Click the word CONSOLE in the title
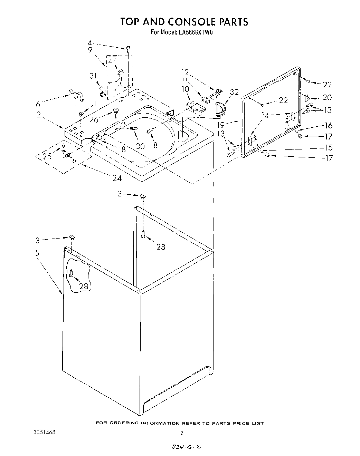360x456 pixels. point(192,22)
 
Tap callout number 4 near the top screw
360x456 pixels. point(90,43)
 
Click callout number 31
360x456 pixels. point(94,76)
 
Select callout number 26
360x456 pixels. point(94,119)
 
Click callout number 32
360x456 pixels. point(234,92)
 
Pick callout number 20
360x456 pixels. point(327,97)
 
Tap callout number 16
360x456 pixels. point(328,126)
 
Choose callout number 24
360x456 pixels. point(117,178)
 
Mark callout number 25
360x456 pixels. point(47,156)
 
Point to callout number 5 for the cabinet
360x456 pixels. point(37,253)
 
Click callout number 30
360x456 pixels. point(140,146)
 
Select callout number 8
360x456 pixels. point(155,145)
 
